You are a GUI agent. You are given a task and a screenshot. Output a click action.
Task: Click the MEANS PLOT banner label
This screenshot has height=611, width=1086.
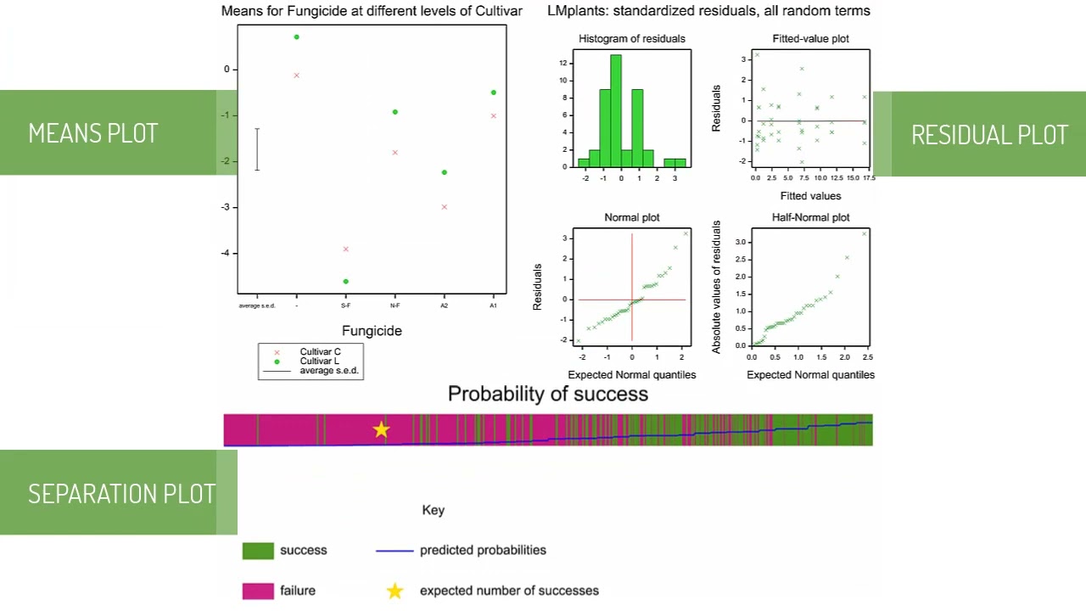point(93,133)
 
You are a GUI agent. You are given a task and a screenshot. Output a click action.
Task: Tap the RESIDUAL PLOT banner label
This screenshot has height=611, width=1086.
point(989,135)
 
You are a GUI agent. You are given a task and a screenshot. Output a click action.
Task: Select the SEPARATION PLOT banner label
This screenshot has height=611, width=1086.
point(121,494)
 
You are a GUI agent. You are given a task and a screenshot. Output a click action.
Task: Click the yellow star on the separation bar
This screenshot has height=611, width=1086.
point(381,430)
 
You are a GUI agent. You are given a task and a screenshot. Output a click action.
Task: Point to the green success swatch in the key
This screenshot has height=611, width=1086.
point(258,551)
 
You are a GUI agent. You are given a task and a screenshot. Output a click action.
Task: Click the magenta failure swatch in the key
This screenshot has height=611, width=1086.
point(258,591)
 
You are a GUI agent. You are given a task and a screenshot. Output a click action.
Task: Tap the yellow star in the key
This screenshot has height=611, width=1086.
point(395,591)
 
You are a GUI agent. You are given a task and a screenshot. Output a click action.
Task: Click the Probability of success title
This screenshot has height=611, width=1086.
point(547,394)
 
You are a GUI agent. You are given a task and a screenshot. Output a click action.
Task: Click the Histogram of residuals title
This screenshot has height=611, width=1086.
point(631,38)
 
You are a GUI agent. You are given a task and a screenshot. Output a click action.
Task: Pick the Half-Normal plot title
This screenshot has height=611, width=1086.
point(810,217)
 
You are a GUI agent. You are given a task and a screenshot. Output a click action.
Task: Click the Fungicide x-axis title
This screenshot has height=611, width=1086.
point(372,331)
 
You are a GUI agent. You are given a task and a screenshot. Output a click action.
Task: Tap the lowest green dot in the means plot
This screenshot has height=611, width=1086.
point(345,282)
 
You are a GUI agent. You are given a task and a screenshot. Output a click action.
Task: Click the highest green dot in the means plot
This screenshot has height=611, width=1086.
point(296,37)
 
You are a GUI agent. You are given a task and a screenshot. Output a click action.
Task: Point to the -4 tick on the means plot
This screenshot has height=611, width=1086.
point(227,253)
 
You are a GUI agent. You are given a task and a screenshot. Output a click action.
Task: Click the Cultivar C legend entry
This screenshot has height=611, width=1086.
point(319,351)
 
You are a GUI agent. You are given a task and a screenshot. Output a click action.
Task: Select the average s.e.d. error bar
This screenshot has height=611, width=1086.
point(257,149)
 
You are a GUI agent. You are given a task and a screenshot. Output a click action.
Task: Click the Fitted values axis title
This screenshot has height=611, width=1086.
point(810,196)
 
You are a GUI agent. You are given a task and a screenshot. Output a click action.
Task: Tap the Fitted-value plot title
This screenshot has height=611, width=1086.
point(810,38)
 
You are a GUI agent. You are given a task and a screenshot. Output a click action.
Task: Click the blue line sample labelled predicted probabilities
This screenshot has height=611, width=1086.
point(395,551)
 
